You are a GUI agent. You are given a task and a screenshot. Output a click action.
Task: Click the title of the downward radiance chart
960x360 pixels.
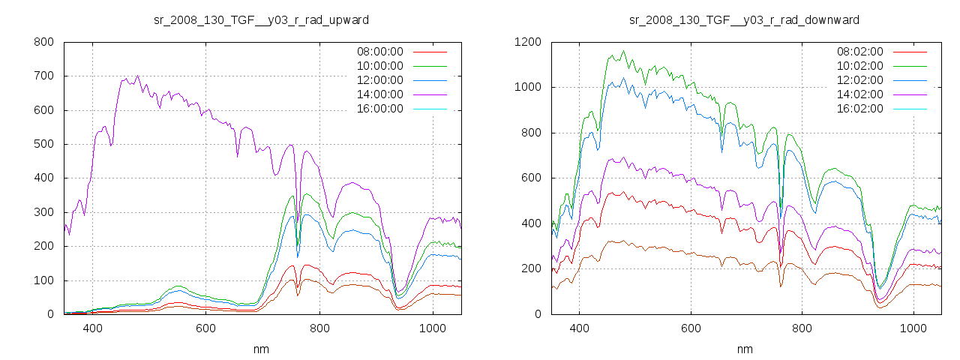[x=744, y=19]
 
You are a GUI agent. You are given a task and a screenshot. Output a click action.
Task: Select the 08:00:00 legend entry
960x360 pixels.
[x=379, y=52]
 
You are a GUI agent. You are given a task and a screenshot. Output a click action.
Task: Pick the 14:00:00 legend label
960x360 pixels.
[x=379, y=94]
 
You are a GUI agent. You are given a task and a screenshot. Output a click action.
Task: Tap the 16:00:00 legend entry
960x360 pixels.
[x=379, y=109]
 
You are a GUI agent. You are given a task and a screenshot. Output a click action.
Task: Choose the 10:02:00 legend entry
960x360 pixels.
[x=859, y=66]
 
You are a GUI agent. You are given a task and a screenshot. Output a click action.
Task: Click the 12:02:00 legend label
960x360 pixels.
[x=859, y=80]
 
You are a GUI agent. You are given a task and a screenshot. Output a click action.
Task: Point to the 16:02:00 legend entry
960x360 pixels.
[x=859, y=109]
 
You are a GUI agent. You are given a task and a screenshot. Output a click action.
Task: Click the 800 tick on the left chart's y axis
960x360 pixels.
[x=43, y=42]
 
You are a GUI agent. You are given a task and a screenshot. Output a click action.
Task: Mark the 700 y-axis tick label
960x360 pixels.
[x=43, y=76]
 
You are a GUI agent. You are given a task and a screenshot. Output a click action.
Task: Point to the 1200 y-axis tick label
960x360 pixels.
[x=527, y=42]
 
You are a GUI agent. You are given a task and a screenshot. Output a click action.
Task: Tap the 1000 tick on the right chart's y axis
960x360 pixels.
[x=527, y=87]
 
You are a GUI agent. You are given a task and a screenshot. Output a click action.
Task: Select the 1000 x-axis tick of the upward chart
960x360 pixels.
[x=433, y=328]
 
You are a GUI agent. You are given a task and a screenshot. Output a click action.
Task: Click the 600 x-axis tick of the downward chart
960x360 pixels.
[x=691, y=328]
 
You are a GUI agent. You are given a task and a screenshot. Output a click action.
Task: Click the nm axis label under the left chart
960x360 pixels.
[x=261, y=349]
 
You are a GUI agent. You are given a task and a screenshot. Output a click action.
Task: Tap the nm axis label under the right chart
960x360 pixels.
[x=744, y=349]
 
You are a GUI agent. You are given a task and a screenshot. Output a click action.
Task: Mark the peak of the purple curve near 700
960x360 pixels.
[x=137, y=76]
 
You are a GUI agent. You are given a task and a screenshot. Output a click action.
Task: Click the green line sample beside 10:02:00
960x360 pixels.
[x=910, y=66]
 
